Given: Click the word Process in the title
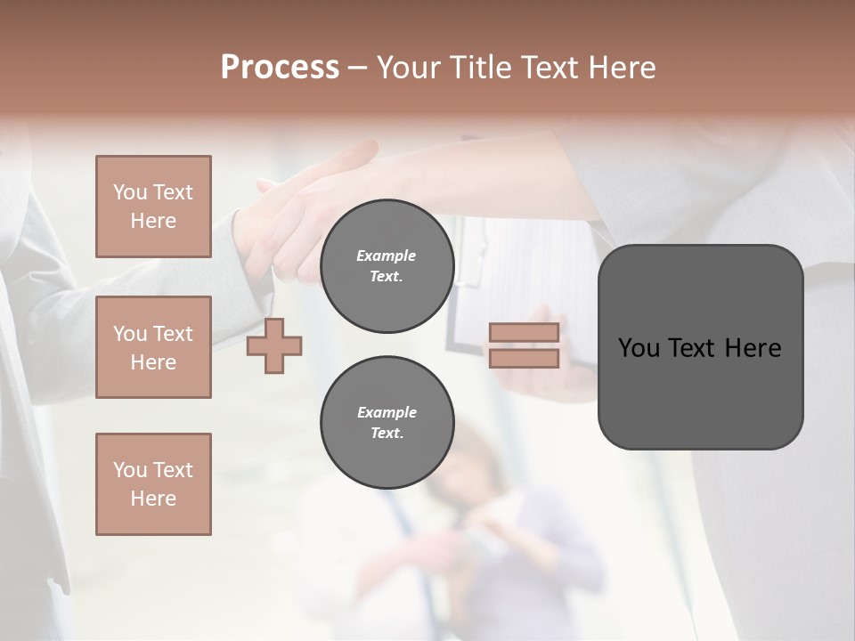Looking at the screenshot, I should [280, 68].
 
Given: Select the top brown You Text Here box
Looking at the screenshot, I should [153, 207].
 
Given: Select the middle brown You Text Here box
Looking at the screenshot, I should [153, 347].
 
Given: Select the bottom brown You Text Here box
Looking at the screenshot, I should [153, 484].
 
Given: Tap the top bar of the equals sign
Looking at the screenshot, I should [525, 333].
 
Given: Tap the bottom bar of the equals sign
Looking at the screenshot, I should [525, 359].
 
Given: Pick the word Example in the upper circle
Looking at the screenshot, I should [387, 256].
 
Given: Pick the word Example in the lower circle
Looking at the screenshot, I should [387, 412].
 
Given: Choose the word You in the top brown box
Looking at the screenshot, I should [129, 192].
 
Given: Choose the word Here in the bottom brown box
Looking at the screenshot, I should [153, 499].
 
